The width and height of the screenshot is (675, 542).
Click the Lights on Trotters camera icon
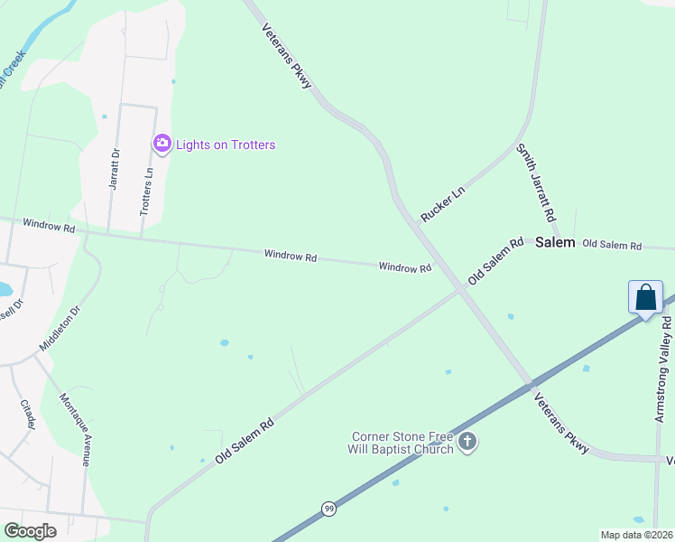pos(162,143)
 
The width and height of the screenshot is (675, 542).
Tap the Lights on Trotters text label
pos(226,145)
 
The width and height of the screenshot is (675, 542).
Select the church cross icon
pos(467,442)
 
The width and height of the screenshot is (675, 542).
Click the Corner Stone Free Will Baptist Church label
pos(402,443)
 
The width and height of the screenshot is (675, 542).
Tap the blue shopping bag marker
pos(646,297)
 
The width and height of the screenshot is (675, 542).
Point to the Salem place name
pos(555,243)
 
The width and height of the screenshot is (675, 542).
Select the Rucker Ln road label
pos(442,205)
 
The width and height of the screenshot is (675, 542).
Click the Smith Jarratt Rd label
pos(534,183)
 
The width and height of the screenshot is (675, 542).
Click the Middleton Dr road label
pos(60,328)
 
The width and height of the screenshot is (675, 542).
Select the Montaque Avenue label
pos(75,429)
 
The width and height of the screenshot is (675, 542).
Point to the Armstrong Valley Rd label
pos(663,368)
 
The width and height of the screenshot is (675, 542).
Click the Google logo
pos(30,531)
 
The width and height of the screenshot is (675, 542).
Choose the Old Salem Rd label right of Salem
pos(612,245)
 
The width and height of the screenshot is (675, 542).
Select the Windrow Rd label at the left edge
pos(49,226)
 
